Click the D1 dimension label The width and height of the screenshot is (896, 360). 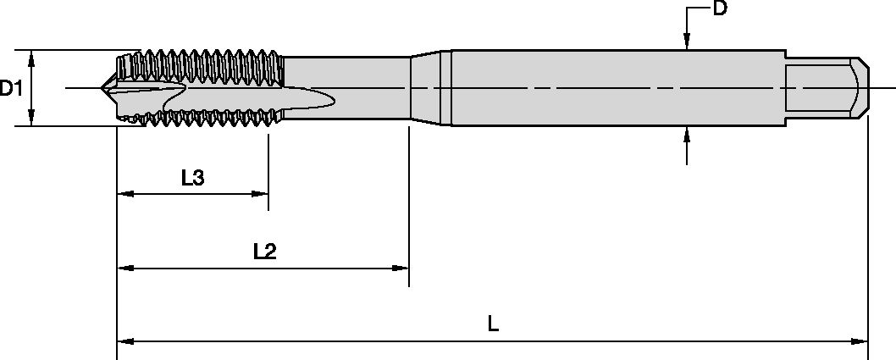(x=11, y=88)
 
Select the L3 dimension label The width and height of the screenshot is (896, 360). (x=192, y=177)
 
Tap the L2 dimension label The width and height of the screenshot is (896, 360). (x=265, y=251)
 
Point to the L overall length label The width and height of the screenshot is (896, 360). (x=494, y=324)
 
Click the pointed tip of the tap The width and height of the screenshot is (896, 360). (x=104, y=87)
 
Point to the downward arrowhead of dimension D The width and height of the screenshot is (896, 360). (x=687, y=42)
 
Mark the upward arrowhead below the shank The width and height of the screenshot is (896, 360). (x=687, y=133)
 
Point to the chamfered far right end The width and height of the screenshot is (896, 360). (x=861, y=87)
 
